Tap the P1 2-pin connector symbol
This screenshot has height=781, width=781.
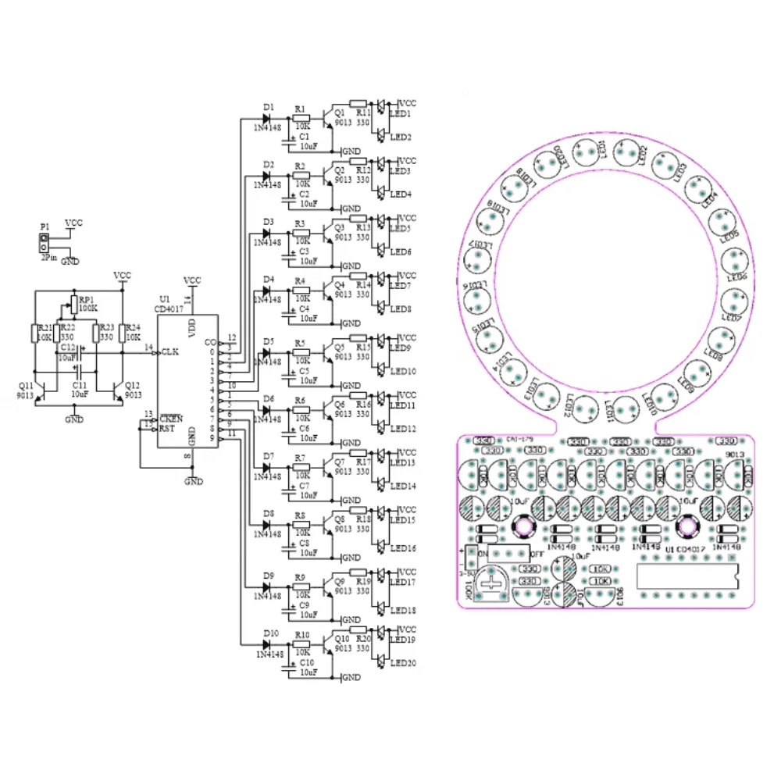pos(45,242)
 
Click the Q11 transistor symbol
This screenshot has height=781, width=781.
pos(42,390)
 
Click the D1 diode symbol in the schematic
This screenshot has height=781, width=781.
pos(267,119)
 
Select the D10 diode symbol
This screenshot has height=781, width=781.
pos(267,644)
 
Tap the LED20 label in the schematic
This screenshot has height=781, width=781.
pos(404,664)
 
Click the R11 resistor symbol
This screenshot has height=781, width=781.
pos(358,102)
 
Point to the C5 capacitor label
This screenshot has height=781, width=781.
pos(304,371)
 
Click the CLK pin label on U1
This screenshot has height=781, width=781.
pos(170,352)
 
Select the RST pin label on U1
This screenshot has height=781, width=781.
pos(168,428)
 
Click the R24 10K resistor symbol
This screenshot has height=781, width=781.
pos(123,333)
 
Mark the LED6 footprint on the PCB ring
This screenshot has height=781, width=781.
pos(734,263)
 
